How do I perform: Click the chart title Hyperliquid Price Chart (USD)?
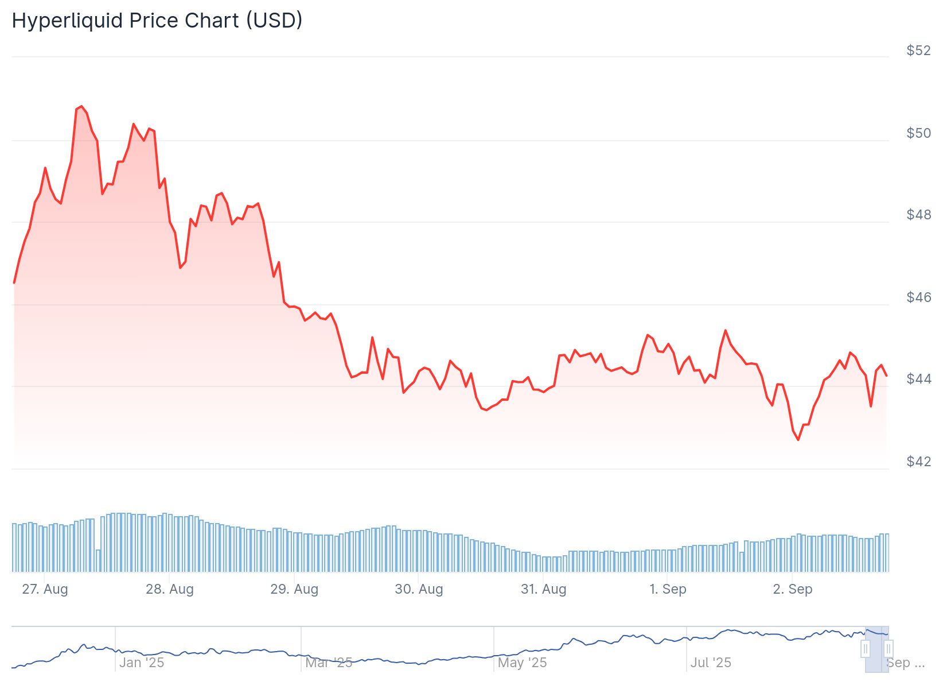point(157,21)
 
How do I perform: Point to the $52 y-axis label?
point(918,51)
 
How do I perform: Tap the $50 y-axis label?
point(918,133)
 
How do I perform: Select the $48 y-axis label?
point(918,215)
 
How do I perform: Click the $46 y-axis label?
point(918,297)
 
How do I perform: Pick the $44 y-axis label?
point(918,379)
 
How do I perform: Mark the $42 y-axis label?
point(918,462)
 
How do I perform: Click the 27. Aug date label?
point(45,589)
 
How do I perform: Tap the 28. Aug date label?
point(170,589)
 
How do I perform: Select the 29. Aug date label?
point(294,589)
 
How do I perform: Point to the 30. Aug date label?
point(419,589)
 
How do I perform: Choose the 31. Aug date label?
point(543,589)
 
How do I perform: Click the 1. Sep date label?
point(668,589)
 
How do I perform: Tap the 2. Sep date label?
point(793,589)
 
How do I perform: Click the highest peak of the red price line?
point(81,106)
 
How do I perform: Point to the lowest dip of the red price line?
point(798,440)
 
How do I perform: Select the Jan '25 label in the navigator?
point(142,663)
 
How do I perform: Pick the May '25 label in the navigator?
point(522,663)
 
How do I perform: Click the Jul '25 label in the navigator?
point(711,663)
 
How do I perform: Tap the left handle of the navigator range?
point(866,649)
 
